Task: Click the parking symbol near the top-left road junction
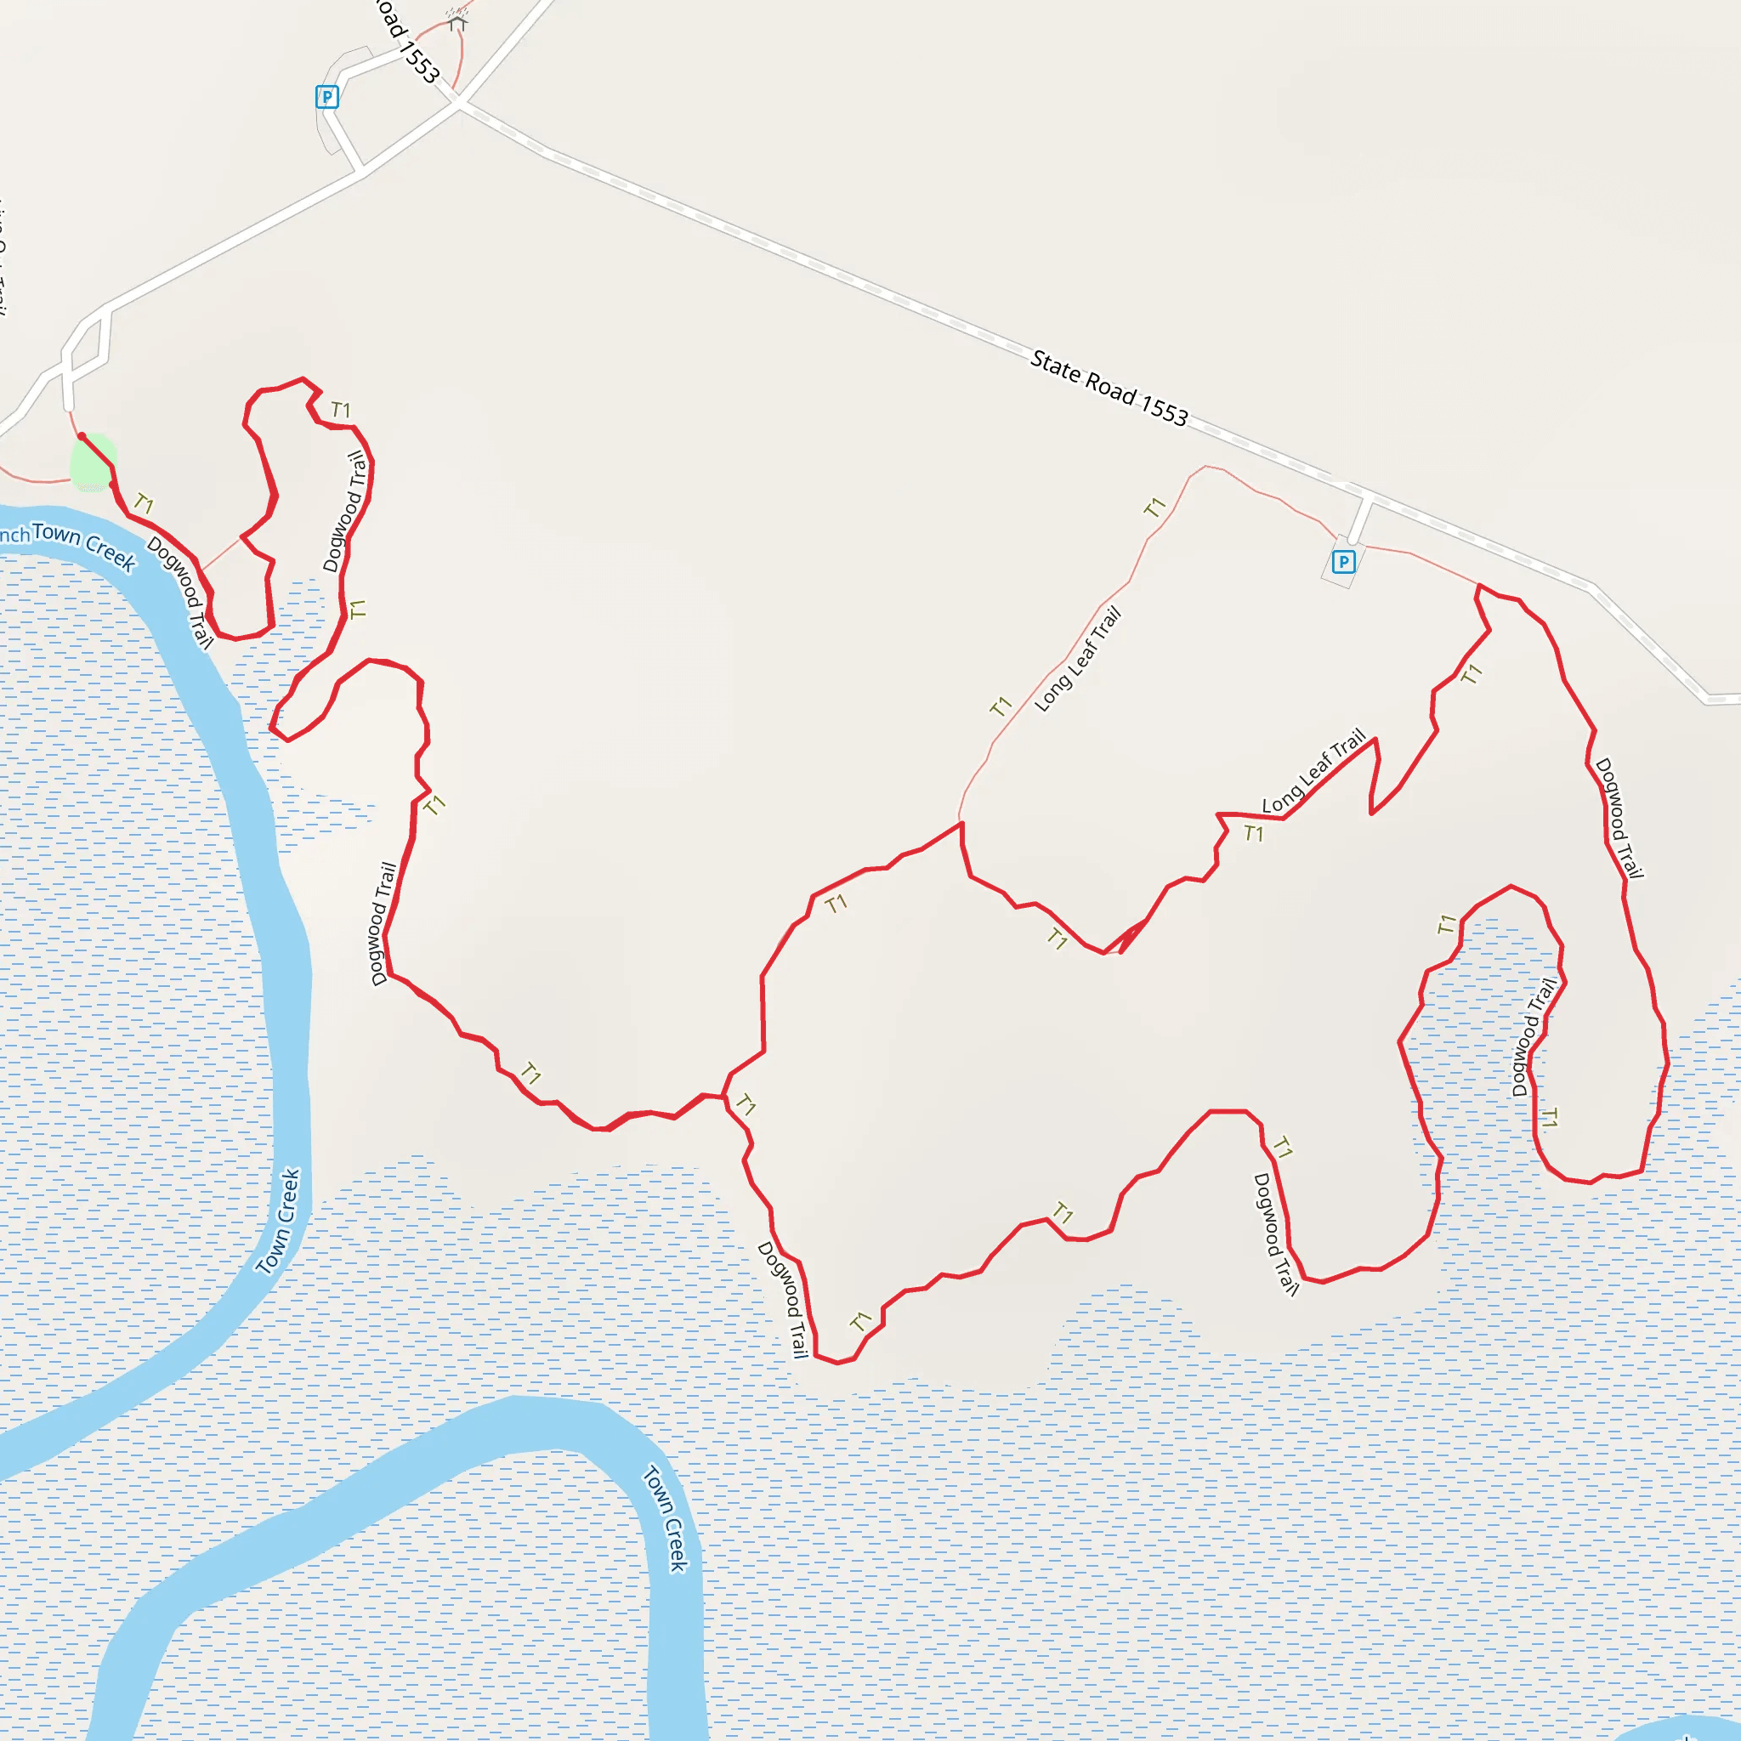pos(327,96)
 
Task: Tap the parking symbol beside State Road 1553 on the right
pos(1342,562)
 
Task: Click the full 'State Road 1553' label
pos(1109,388)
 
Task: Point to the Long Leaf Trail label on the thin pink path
pos(1078,659)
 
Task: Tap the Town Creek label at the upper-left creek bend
pos(84,545)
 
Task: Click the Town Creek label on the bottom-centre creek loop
pos(666,1519)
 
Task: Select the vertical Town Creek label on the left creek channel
pos(279,1221)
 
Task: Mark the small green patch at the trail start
pos(93,462)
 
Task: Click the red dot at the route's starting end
pos(82,436)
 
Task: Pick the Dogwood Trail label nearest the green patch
pos(180,592)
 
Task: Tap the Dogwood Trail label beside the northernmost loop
pos(345,512)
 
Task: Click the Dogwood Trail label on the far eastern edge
pos(1619,817)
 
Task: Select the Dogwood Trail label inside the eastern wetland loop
pos(1534,1037)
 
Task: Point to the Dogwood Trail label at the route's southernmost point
pos(782,1300)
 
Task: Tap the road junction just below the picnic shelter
pos(459,105)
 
